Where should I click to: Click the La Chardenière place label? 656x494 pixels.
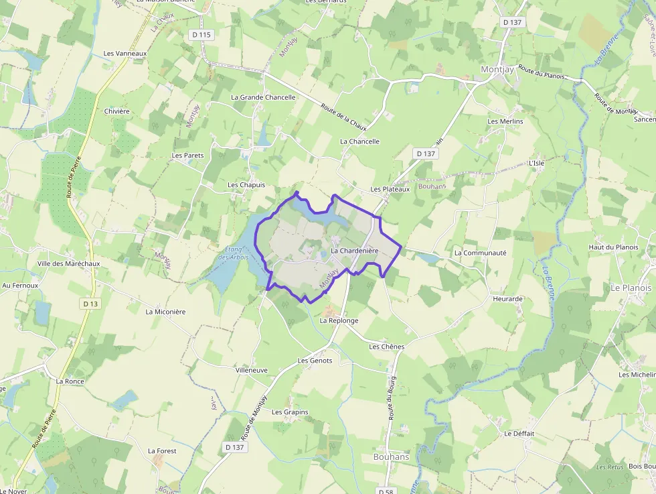coord(355,251)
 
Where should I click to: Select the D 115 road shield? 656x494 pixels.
coord(201,34)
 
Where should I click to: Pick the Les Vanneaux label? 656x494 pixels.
coord(125,53)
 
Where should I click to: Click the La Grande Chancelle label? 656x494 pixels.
coord(263,97)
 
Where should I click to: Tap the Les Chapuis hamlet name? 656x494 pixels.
coord(246,184)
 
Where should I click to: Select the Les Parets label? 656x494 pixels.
coord(187,156)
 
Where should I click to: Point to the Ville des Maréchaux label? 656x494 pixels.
coord(68,263)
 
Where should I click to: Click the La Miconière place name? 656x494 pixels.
coord(165,312)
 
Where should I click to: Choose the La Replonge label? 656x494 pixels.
coord(339,320)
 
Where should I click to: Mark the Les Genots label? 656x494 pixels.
coord(315,361)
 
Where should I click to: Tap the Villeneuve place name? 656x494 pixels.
coord(252,370)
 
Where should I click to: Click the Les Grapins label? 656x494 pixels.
coord(290,412)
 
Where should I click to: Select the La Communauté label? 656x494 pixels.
coord(480,253)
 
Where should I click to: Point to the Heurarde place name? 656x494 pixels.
coord(507,298)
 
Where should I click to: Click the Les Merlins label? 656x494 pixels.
coord(505,121)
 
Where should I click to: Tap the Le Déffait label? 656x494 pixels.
coord(519,434)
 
